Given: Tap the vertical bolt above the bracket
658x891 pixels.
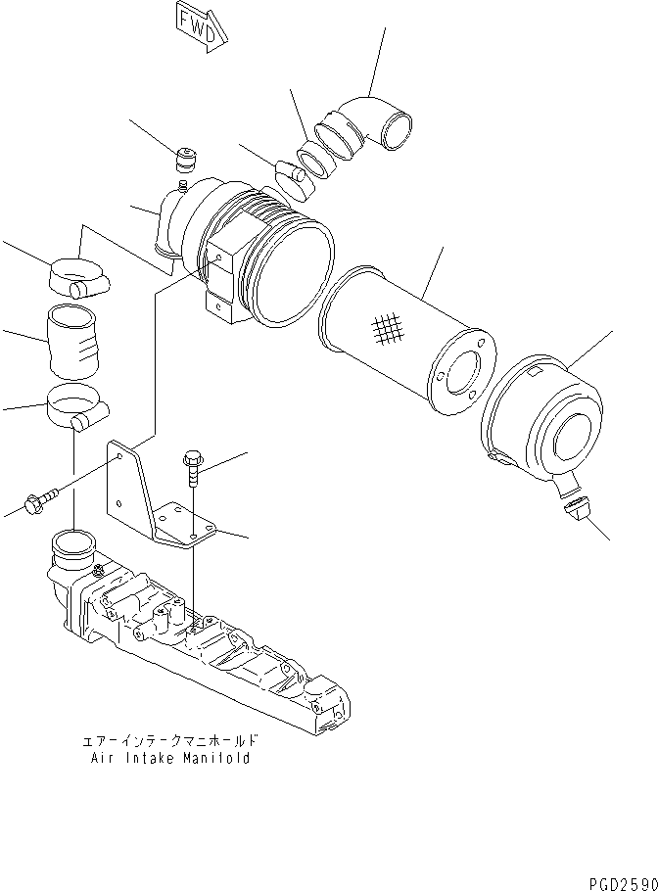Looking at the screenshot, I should click(192, 471).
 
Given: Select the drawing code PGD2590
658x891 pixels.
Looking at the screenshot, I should click(620, 882).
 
